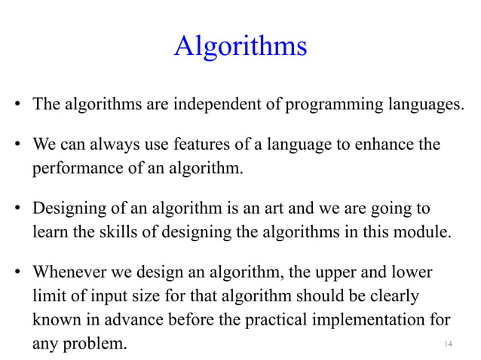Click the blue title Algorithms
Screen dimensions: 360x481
coord(240,47)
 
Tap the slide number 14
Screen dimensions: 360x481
coord(449,345)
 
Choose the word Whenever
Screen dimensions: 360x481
coord(69,270)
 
